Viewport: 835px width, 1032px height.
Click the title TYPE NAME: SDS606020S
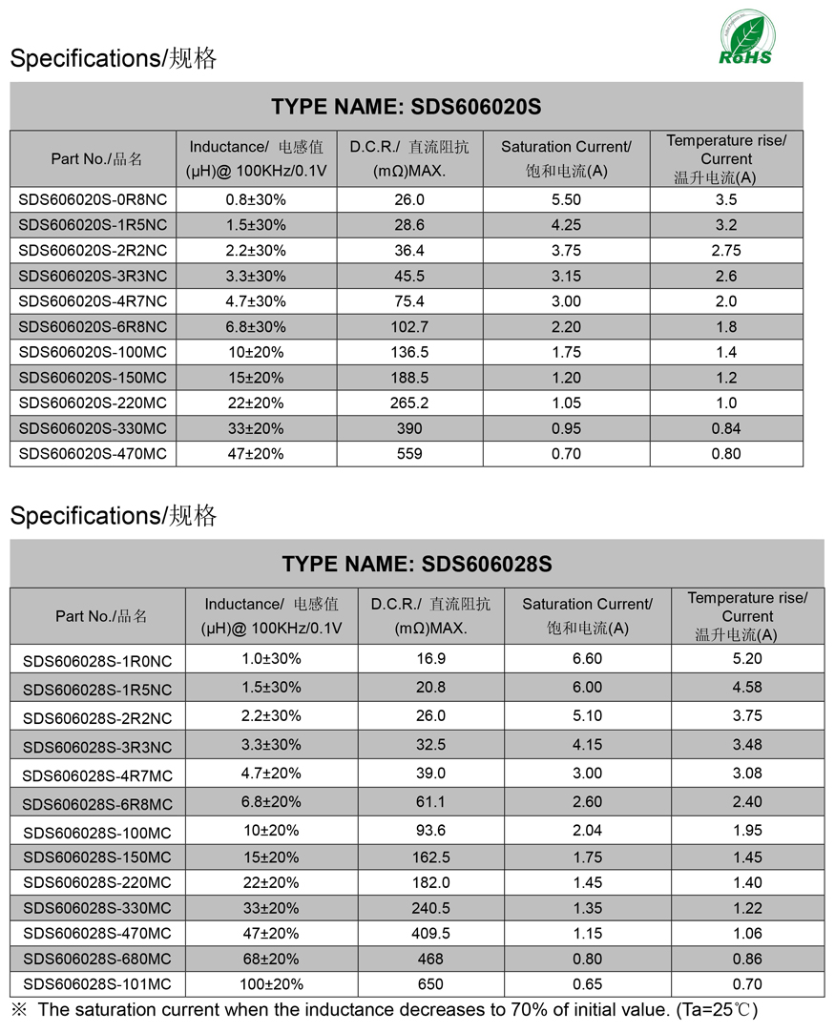(406, 106)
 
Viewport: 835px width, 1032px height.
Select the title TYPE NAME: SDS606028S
(417, 564)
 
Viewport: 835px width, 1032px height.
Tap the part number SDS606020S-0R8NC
(93, 200)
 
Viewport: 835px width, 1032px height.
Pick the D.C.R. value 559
(409, 454)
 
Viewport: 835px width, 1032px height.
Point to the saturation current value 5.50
(566, 200)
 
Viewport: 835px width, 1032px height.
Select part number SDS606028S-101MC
(97, 984)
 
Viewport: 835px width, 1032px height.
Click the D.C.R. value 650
(430, 984)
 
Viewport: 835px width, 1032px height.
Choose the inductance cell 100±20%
(271, 984)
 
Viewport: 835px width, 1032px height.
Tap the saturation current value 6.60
(587, 659)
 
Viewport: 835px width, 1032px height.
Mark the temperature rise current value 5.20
(747, 659)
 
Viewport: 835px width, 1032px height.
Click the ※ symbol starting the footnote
(18, 1009)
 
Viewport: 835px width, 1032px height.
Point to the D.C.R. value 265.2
(409, 403)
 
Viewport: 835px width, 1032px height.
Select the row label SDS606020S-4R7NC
(93, 301)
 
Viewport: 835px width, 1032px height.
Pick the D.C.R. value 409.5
(430, 934)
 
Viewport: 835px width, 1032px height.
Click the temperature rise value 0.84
(726, 428)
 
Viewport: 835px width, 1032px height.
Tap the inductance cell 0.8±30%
(256, 200)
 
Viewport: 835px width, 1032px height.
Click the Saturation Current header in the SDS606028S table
(587, 615)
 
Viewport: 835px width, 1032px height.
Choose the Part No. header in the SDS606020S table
(93, 159)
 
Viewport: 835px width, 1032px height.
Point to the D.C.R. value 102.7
(409, 327)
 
